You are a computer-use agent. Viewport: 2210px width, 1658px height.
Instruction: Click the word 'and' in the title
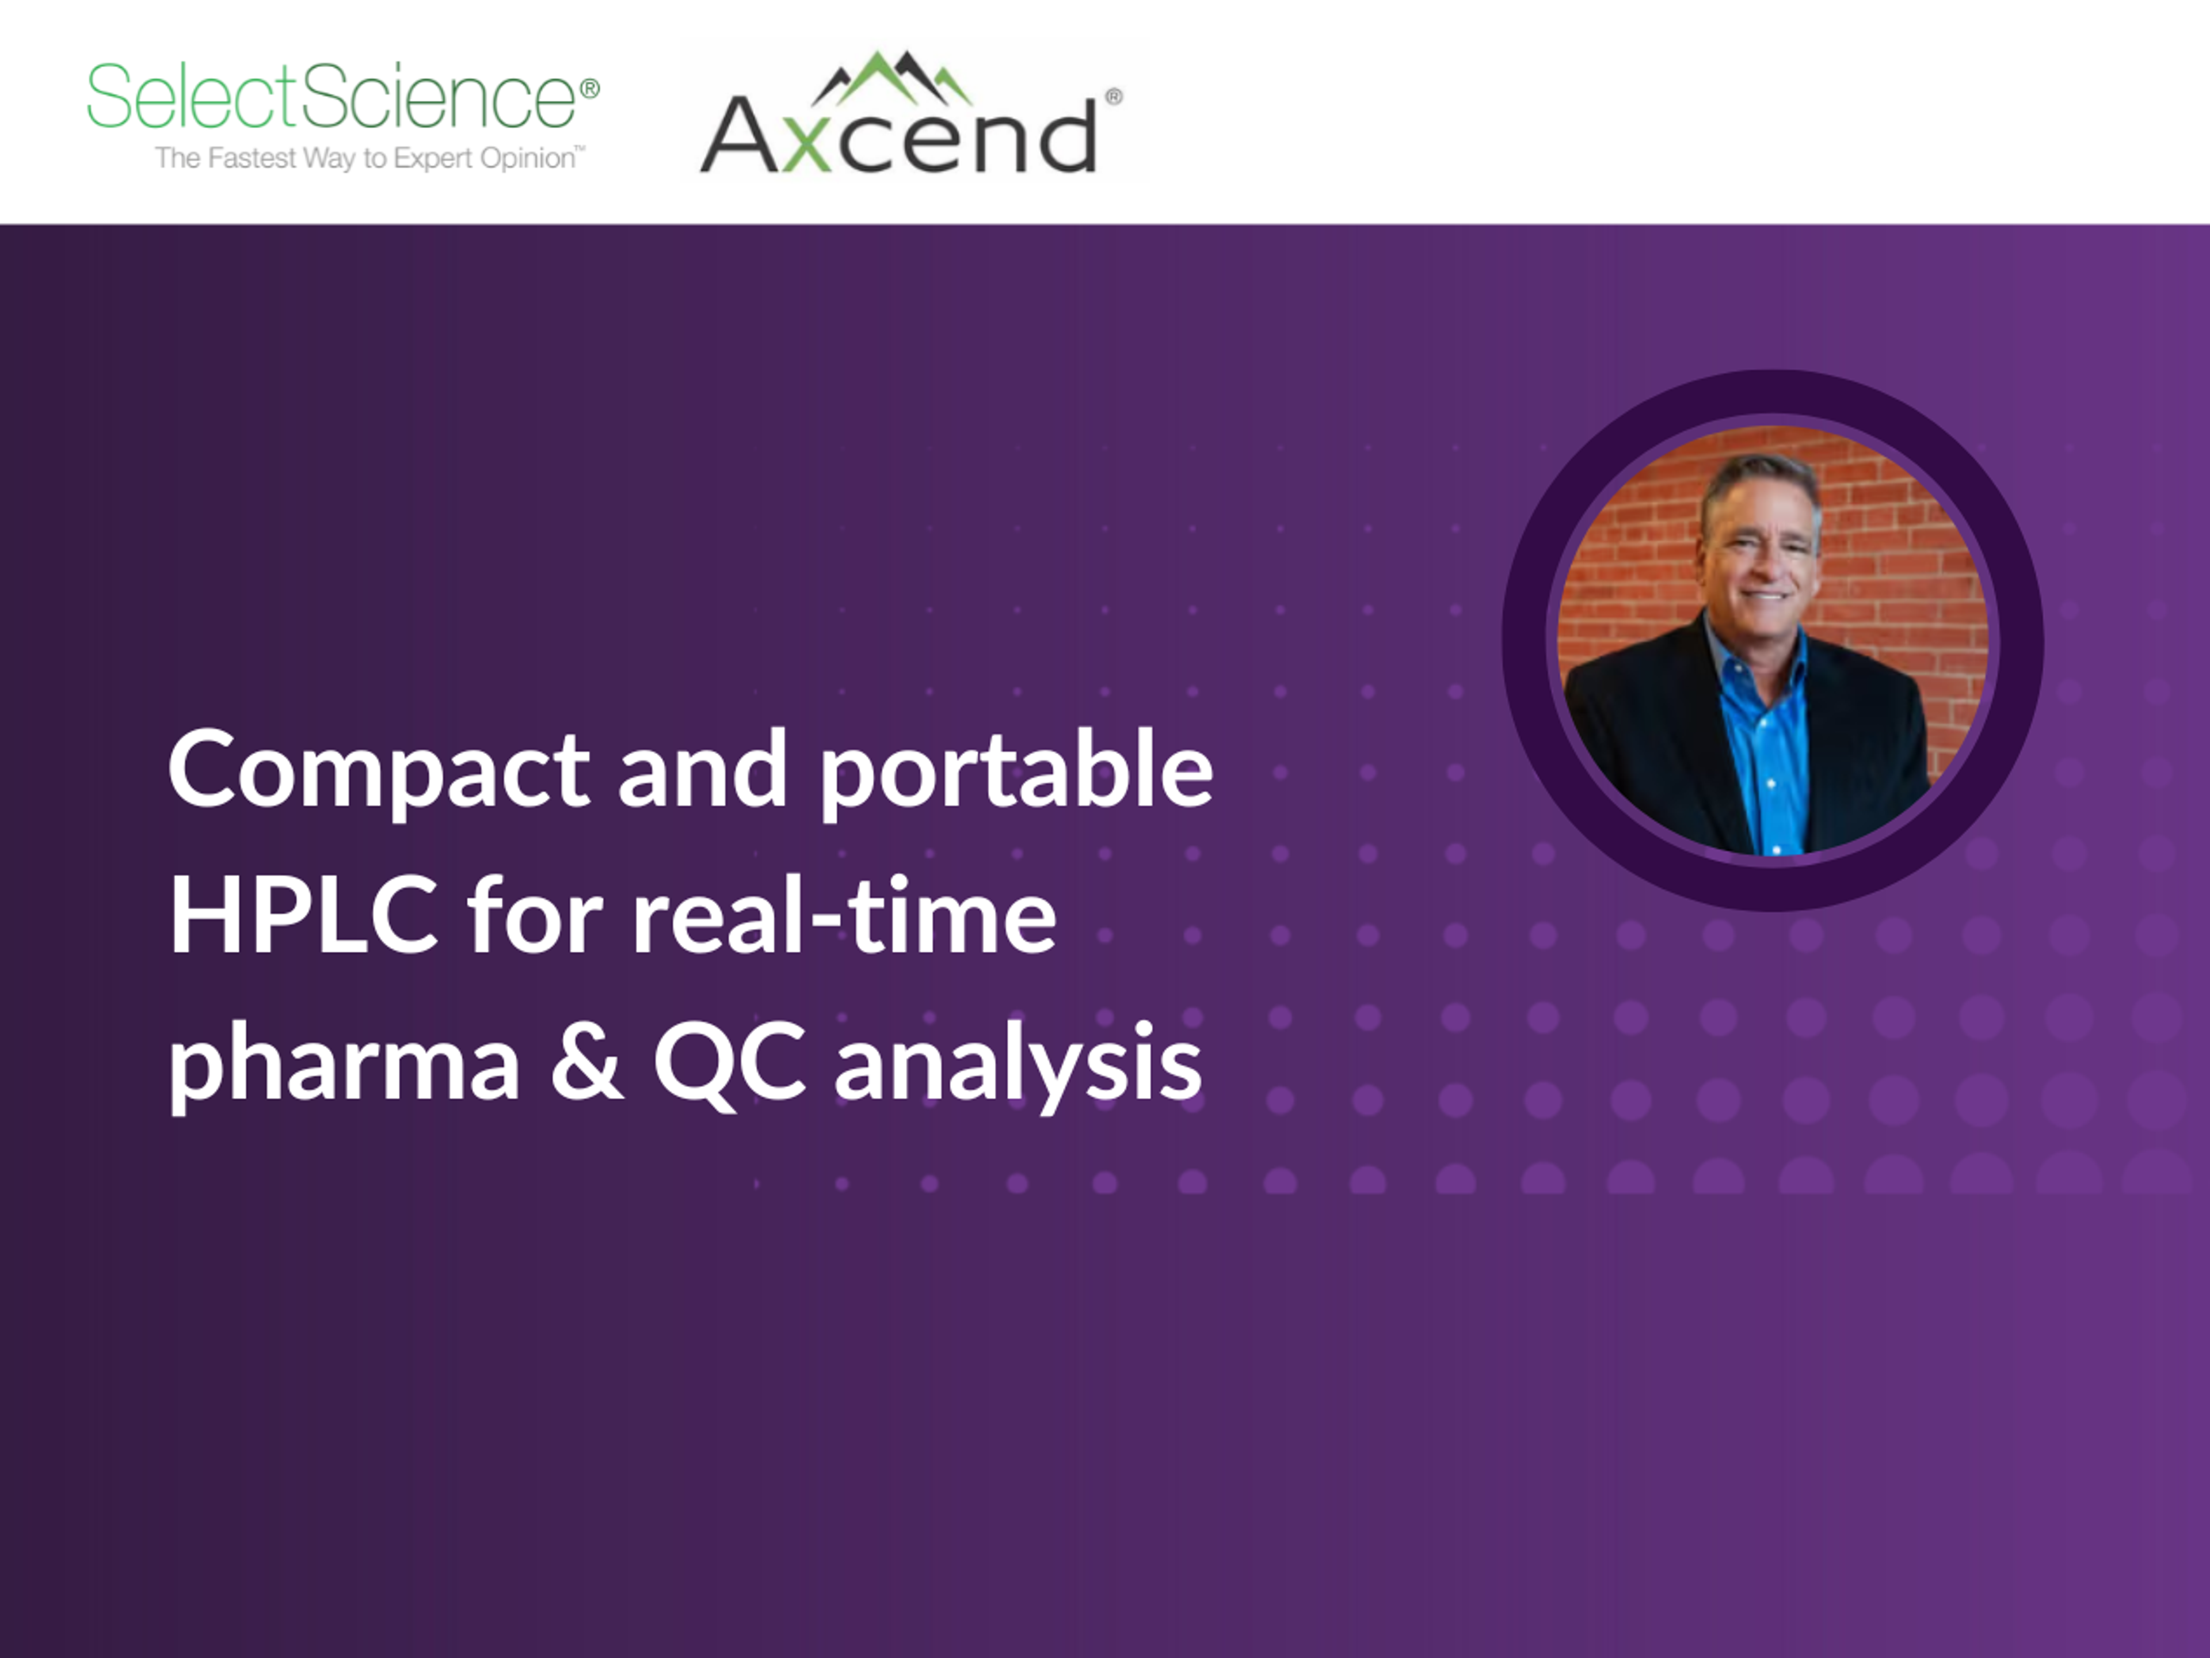(x=702, y=770)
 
